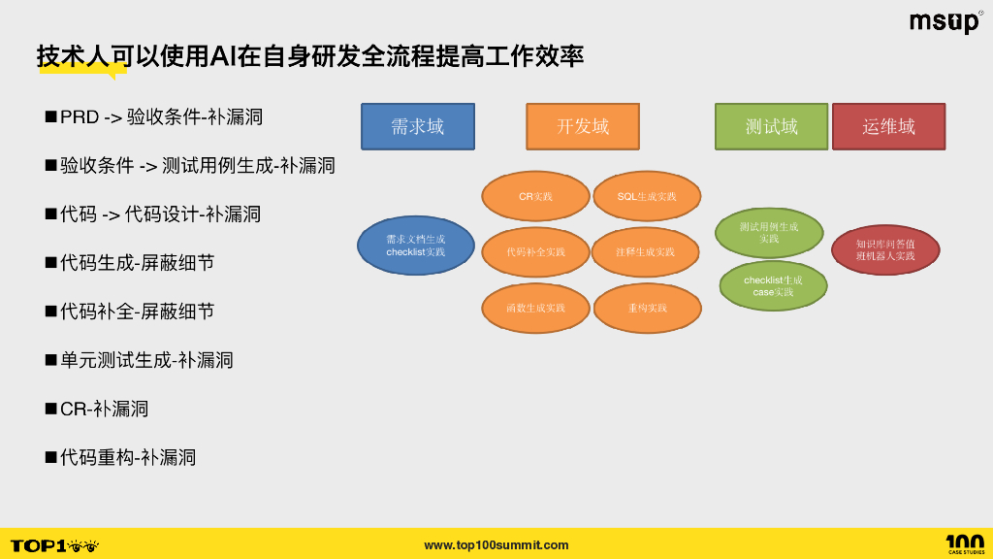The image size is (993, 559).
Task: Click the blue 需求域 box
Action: (418, 127)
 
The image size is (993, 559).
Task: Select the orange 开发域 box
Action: (583, 127)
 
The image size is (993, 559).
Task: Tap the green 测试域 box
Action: (772, 127)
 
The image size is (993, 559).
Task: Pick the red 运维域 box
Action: (888, 127)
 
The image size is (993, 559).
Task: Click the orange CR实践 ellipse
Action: (535, 196)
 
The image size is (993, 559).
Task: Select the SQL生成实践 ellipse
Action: (647, 196)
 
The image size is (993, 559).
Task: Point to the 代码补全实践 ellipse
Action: (535, 252)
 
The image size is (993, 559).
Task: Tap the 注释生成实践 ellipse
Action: (645, 252)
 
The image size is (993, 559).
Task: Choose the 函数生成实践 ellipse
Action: (535, 309)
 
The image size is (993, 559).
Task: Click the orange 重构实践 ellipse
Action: (647, 309)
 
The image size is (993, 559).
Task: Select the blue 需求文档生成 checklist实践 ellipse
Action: (415, 246)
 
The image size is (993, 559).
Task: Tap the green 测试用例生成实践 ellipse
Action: (769, 233)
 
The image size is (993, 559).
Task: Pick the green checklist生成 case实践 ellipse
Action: (773, 285)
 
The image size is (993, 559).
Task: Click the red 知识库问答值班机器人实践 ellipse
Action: (885, 250)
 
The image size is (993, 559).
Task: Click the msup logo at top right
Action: (945, 22)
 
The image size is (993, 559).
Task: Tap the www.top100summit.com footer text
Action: (496, 545)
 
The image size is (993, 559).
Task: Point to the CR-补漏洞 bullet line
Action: (104, 409)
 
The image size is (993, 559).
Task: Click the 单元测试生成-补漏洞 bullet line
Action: (146, 360)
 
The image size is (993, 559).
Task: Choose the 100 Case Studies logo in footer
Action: (964, 544)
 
